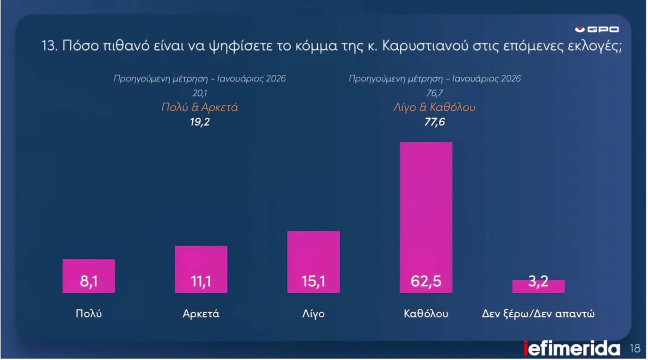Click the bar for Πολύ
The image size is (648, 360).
tap(89, 276)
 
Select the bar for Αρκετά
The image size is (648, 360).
tap(201, 269)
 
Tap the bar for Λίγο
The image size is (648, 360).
tap(313, 262)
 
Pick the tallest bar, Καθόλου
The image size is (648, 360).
tap(426, 217)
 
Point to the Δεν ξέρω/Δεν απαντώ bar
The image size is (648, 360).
tap(538, 287)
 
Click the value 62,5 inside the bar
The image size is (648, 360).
tap(426, 281)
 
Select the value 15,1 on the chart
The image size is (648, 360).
tap(313, 281)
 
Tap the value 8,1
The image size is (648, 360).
tap(89, 281)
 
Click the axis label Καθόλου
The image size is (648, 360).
tap(426, 313)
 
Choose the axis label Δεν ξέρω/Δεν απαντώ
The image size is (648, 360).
tap(538, 313)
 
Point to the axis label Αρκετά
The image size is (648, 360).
tap(201, 313)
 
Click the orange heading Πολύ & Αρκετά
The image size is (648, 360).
tap(200, 107)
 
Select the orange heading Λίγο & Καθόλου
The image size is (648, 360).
tap(434, 107)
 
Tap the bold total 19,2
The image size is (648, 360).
tap(200, 122)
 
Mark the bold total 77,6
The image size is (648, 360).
tap(434, 122)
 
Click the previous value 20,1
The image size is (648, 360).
tap(200, 93)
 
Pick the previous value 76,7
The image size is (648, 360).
tap(434, 93)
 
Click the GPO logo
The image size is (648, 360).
tap(597, 29)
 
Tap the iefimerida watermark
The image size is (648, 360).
tap(571, 349)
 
